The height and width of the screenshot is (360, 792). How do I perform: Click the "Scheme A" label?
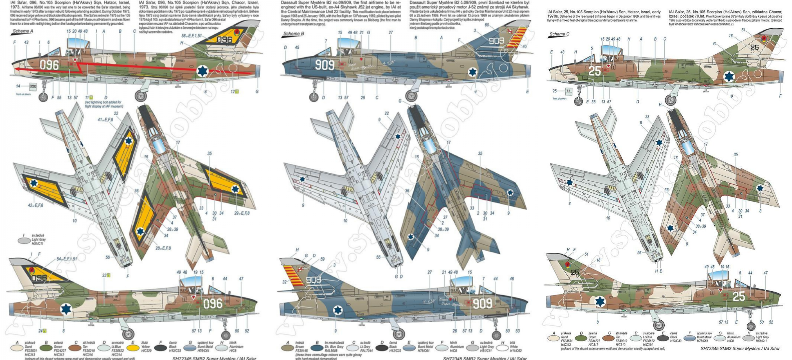click(x=23, y=31)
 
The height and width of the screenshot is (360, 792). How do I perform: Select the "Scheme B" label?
click(x=294, y=34)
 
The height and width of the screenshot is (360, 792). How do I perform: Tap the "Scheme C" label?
click(x=559, y=34)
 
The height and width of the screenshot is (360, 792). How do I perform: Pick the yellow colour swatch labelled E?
click(x=133, y=348)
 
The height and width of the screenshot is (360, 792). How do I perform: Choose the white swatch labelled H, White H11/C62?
click(x=502, y=348)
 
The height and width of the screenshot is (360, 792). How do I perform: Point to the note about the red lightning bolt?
click(x=104, y=104)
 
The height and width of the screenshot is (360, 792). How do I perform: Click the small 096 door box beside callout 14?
click(x=33, y=86)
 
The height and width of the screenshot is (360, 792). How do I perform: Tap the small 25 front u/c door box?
click(x=568, y=91)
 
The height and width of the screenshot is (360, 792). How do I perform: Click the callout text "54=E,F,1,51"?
click(x=67, y=259)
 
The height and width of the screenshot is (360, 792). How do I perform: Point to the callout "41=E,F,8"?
click(x=105, y=120)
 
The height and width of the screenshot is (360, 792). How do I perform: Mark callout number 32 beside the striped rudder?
click(x=284, y=282)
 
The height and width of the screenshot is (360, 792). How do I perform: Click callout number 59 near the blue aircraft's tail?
click(x=322, y=259)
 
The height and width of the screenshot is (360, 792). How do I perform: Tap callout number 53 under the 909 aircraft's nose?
click(x=517, y=330)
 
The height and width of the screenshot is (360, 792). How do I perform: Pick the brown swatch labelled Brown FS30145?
click(x=288, y=348)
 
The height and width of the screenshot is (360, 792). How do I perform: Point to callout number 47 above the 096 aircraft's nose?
click(x=241, y=279)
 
